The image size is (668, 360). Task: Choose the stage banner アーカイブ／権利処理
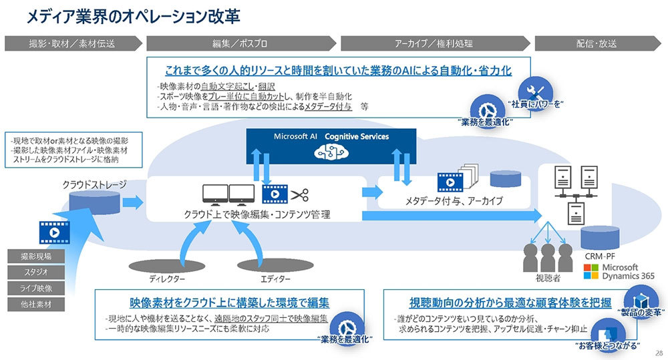click(x=434, y=43)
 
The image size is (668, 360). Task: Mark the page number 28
click(x=659, y=353)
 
